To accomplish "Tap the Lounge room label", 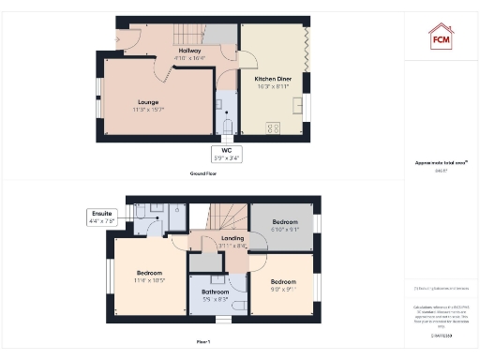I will tap(147, 102).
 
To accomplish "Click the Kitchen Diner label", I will tap(272, 80).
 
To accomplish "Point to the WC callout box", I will tap(227, 154).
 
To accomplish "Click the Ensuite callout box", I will tap(102, 217).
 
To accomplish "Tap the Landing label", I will tap(232, 238).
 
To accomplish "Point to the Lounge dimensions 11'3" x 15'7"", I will tap(147, 110).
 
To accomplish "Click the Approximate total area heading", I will tap(440, 163).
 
